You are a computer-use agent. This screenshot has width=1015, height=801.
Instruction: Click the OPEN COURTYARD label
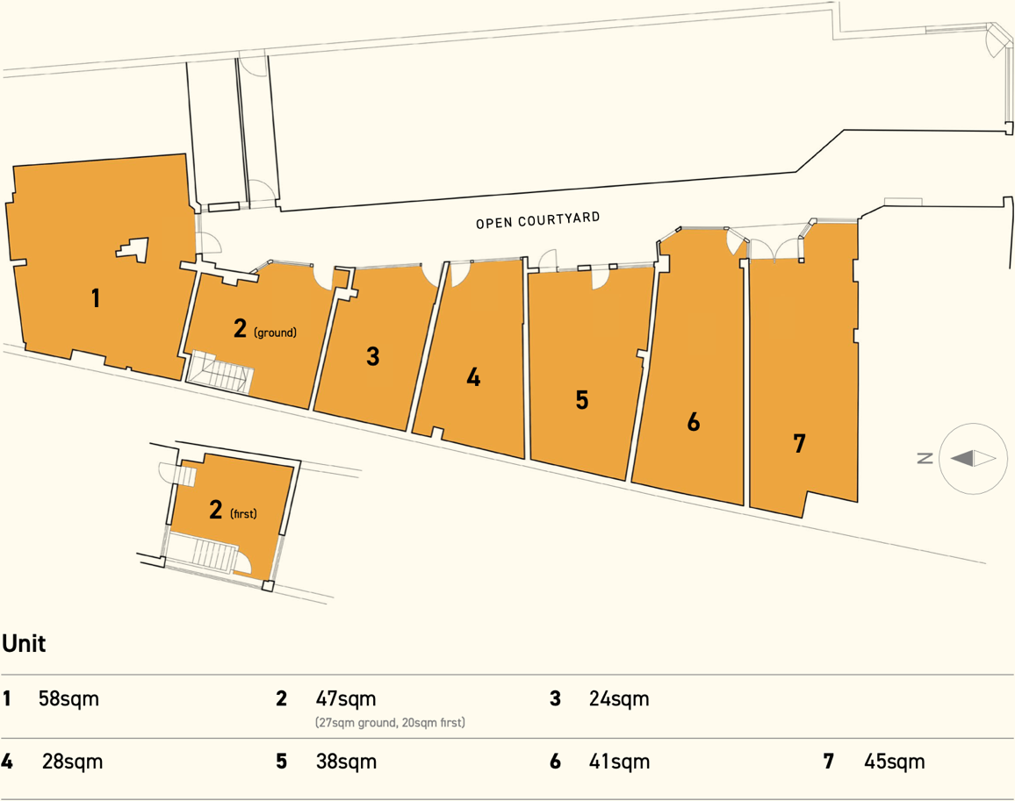(x=537, y=220)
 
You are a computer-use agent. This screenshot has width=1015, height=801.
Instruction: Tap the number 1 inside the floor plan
(x=96, y=298)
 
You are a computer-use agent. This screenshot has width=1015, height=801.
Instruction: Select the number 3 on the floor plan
(x=373, y=356)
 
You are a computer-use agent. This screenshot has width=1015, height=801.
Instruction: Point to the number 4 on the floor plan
(x=473, y=378)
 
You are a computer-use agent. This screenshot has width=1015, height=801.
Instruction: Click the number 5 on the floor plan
(x=581, y=400)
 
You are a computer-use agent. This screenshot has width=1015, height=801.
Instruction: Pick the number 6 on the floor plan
(x=694, y=422)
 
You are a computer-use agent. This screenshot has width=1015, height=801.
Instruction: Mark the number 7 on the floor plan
(x=799, y=444)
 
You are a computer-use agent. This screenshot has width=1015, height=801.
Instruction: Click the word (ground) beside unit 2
(x=275, y=333)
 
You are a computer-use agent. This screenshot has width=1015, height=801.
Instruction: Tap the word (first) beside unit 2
(x=243, y=514)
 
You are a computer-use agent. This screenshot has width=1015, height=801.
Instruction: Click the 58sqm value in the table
(x=68, y=699)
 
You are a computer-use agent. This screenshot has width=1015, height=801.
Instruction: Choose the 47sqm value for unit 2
(x=345, y=699)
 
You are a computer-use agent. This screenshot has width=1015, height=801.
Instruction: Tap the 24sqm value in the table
(x=619, y=699)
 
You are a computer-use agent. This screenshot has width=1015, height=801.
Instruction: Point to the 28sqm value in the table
(x=72, y=762)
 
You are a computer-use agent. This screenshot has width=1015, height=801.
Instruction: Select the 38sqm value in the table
(x=346, y=762)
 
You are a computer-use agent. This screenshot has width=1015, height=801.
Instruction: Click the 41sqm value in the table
(x=619, y=762)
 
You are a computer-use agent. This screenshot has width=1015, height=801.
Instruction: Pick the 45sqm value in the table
(x=894, y=762)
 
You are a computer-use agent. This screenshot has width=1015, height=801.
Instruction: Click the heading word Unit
(x=24, y=644)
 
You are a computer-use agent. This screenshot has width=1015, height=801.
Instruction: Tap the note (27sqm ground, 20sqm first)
(x=390, y=723)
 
